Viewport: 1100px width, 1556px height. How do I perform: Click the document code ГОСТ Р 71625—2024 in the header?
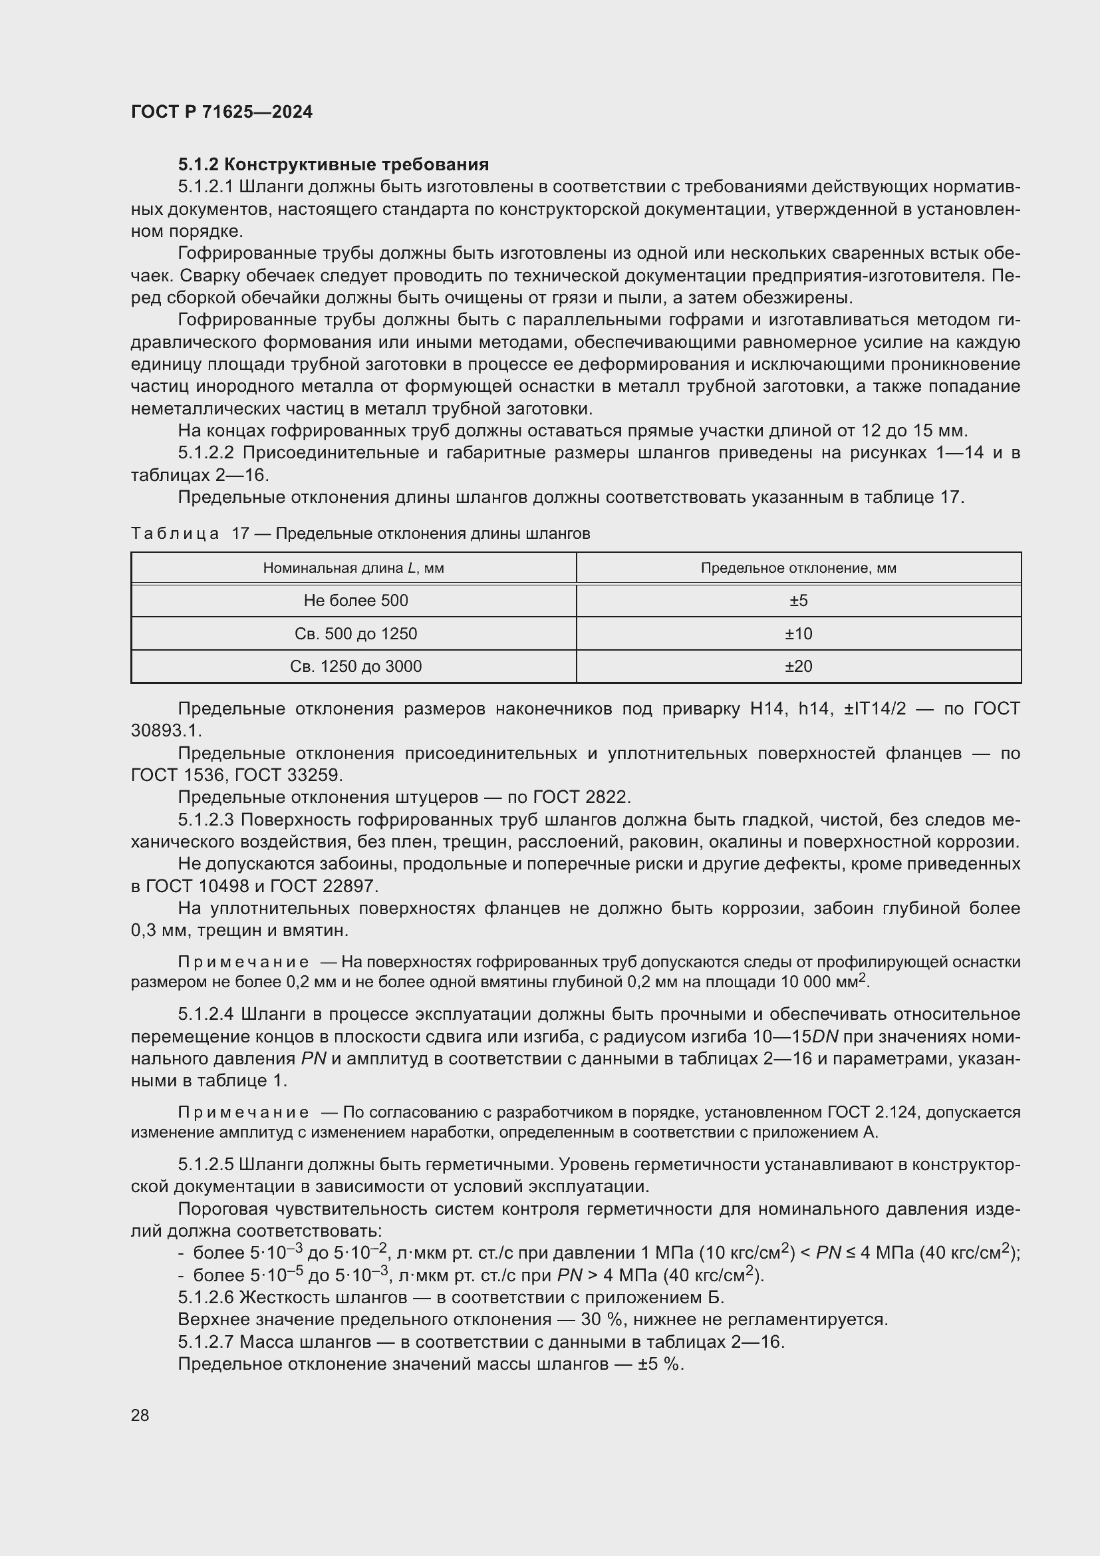[221, 112]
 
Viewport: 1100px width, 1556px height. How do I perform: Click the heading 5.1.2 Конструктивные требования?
[333, 165]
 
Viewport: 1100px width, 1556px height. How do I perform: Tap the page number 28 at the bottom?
[140, 1415]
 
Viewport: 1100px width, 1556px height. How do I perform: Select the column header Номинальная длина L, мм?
[353, 568]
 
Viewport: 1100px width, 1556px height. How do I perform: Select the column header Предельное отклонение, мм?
[798, 568]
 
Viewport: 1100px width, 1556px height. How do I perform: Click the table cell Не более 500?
[355, 601]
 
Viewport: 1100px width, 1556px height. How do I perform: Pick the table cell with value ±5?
[798, 601]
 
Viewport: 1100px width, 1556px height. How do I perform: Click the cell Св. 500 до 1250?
[355, 634]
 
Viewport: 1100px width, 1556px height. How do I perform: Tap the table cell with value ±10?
[798, 634]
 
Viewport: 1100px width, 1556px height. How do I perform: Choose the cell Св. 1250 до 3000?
[355, 666]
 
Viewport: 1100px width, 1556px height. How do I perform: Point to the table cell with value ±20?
[798, 666]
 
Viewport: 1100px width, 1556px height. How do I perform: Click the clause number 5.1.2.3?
[206, 820]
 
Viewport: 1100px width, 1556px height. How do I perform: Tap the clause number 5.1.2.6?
[206, 1298]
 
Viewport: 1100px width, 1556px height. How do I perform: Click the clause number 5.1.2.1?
[206, 187]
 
